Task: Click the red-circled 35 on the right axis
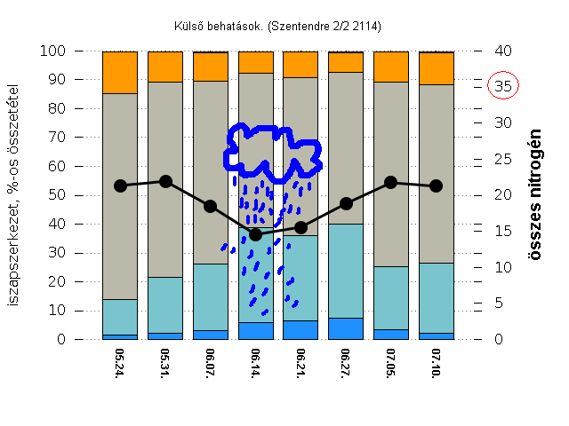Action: [x=503, y=86]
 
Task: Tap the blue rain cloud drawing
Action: [x=270, y=150]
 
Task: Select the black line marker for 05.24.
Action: [x=120, y=185]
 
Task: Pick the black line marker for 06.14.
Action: [x=256, y=234]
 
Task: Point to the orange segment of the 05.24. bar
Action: [x=120, y=72]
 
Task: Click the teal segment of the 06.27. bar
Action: [x=346, y=271]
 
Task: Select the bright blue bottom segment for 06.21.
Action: [x=301, y=329]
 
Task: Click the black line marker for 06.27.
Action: [x=346, y=203]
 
